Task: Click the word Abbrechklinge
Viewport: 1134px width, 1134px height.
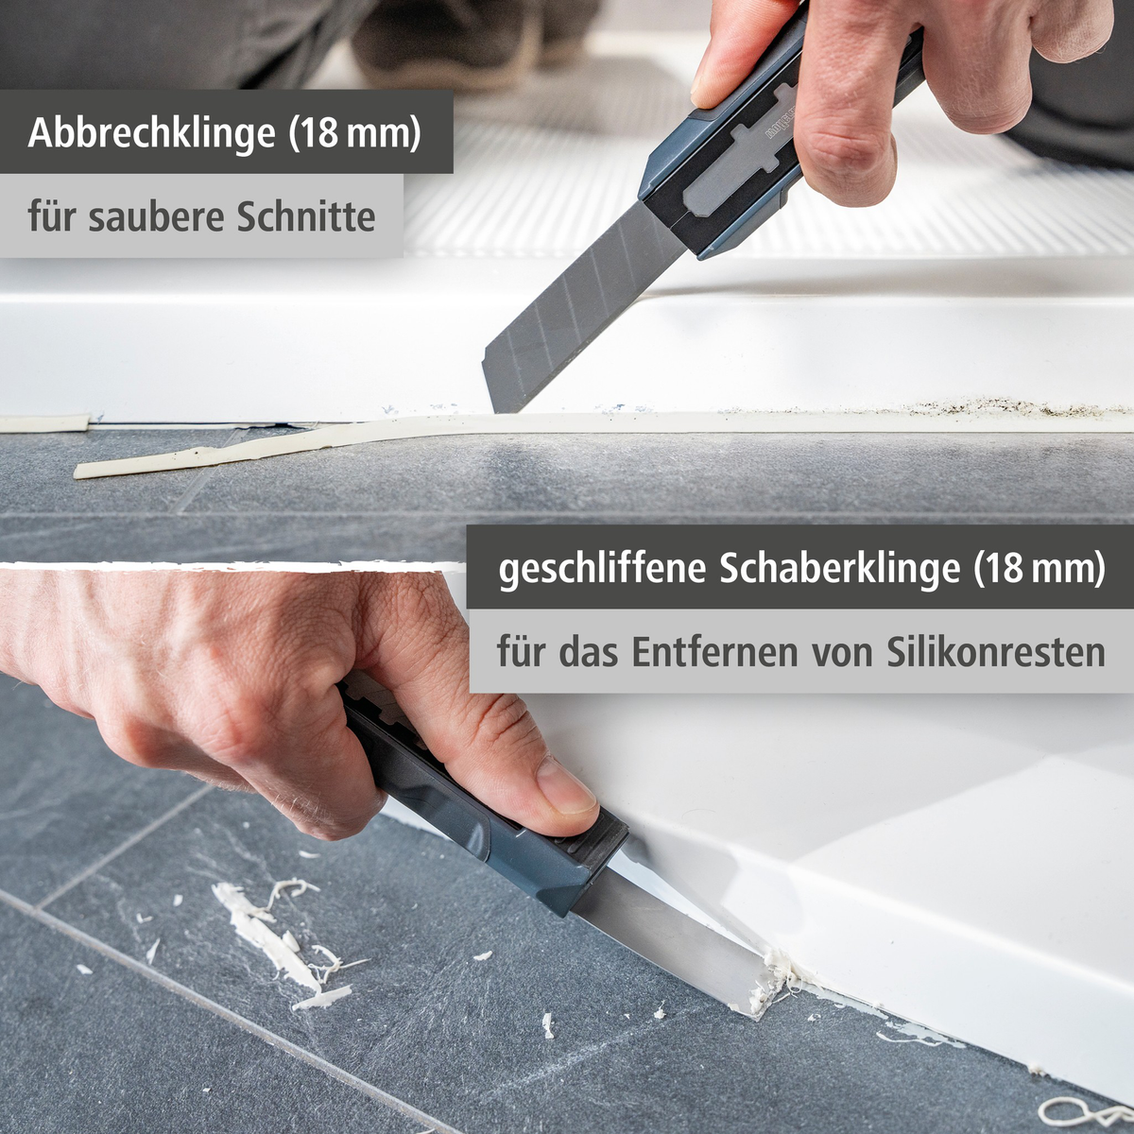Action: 151,132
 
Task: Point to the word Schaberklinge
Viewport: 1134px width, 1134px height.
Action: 839,569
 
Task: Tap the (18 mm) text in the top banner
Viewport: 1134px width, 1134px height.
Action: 354,132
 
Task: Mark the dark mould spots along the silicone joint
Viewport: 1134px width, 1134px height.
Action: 992,408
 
